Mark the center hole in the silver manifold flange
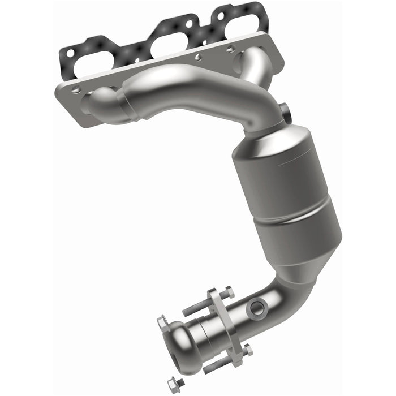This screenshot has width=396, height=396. pos(197,57)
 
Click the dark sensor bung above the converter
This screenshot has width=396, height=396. pos(285,113)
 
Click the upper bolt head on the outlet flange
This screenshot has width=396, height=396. pos(227,294)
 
